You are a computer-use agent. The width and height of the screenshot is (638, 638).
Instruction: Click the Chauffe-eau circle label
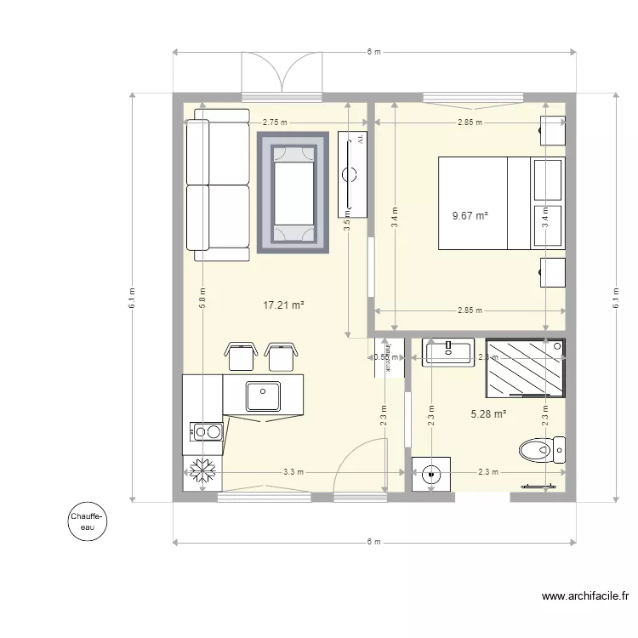click(88, 521)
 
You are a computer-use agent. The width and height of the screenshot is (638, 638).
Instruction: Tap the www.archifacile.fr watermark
click(584, 597)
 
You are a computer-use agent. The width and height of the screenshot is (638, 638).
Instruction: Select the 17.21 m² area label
click(284, 305)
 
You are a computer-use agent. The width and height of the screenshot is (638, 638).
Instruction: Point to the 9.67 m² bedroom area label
click(470, 216)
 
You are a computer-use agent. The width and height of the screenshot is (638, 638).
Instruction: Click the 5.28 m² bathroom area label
click(488, 414)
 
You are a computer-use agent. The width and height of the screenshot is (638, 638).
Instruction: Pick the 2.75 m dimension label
click(275, 122)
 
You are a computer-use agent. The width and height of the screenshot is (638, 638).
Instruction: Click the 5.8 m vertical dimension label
click(202, 300)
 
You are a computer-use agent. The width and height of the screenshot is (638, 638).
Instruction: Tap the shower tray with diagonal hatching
click(524, 368)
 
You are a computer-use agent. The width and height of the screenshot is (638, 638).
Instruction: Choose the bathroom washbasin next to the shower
click(448, 351)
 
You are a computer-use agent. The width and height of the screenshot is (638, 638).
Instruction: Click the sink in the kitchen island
click(263, 396)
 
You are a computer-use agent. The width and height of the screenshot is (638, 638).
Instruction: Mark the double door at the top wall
click(282, 72)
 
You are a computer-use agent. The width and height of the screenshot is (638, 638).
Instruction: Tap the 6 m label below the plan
click(373, 542)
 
